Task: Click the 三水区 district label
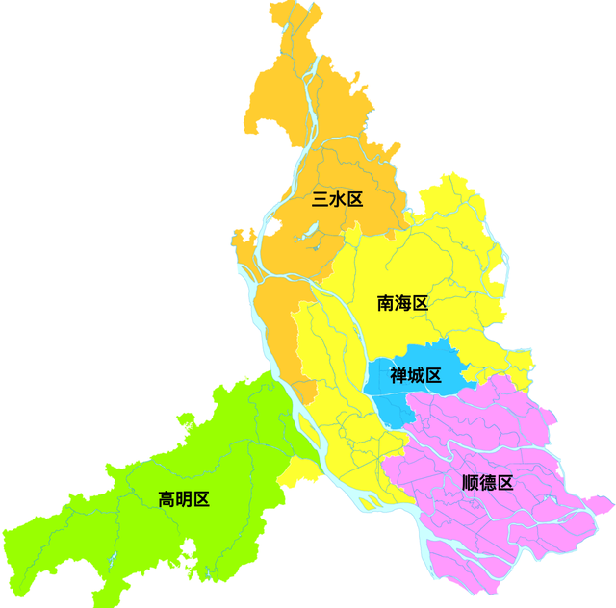pyautogui.click(x=337, y=200)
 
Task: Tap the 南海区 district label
pyautogui.click(x=402, y=304)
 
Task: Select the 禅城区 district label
pyautogui.click(x=416, y=375)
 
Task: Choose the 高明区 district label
pyautogui.click(x=184, y=499)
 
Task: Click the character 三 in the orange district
pyautogui.click(x=320, y=200)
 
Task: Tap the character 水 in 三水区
pyautogui.click(x=337, y=200)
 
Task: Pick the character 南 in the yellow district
pyautogui.click(x=385, y=304)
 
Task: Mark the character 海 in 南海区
pyautogui.click(x=402, y=304)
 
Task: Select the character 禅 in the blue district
pyautogui.click(x=398, y=375)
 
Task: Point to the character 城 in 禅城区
pyautogui.click(x=416, y=375)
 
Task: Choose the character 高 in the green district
pyautogui.click(x=167, y=499)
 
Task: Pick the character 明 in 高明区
pyautogui.click(x=184, y=499)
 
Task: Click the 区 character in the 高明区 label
pyautogui.click(x=201, y=499)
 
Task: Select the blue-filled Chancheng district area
pyautogui.click(x=395, y=404)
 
